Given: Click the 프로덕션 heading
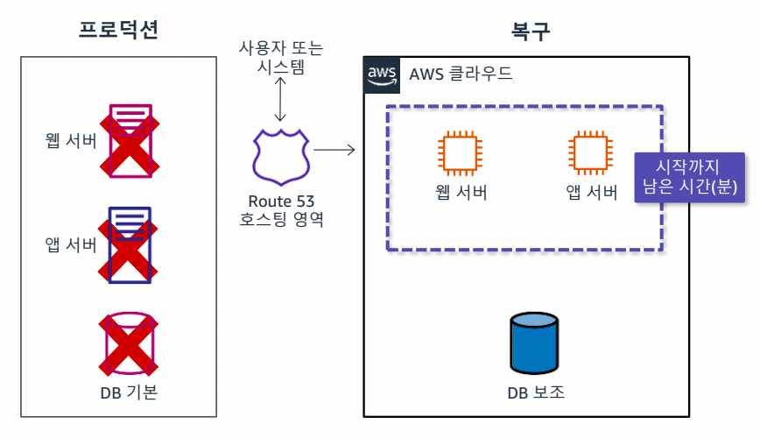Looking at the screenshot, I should pyautogui.click(x=118, y=32).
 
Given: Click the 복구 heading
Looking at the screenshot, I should pyautogui.click(x=531, y=33).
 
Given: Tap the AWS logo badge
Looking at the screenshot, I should pyautogui.click(x=382, y=74).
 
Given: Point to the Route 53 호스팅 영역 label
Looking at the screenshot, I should pyautogui.click(x=281, y=210).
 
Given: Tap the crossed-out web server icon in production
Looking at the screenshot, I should pyautogui.click(x=129, y=139).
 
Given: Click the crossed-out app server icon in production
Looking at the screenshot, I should pyautogui.click(x=130, y=244).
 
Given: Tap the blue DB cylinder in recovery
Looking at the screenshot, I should pyautogui.click(x=533, y=343).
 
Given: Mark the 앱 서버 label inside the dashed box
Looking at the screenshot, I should pyautogui.click(x=592, y=192).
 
